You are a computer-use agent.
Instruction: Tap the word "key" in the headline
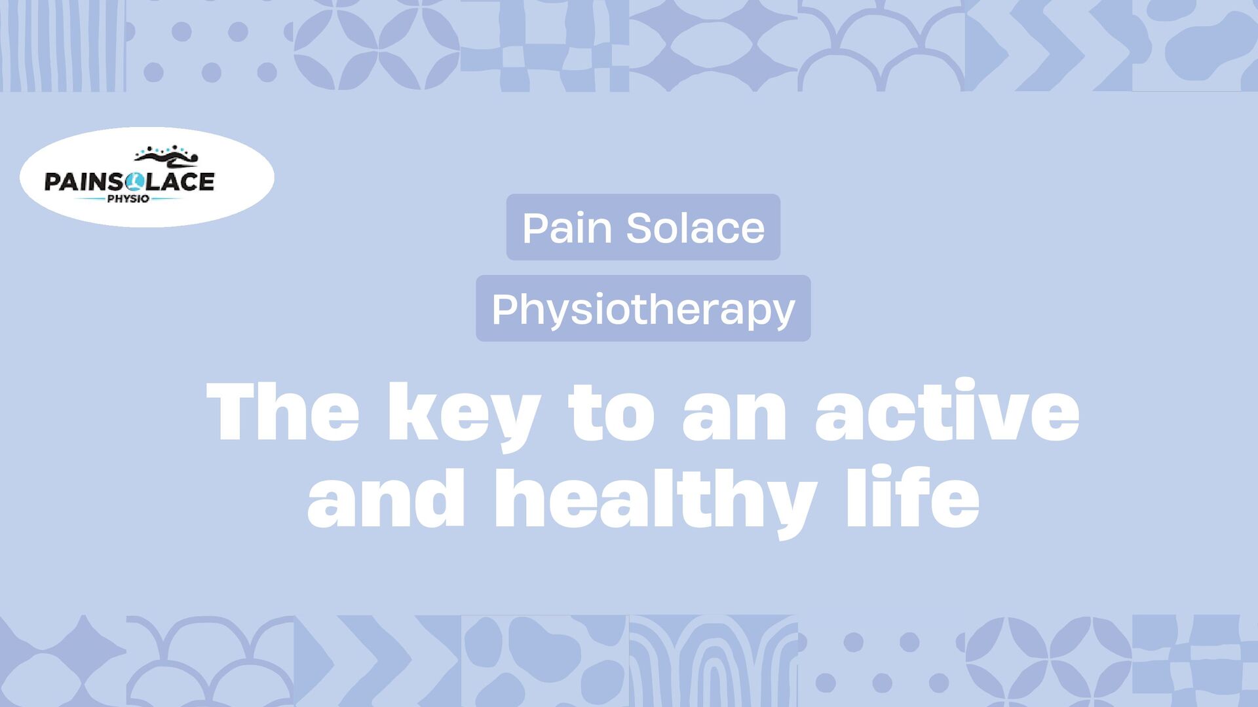[x=464, y=414]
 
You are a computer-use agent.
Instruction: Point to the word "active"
[x=947, y=412]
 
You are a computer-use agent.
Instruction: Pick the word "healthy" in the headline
[x=656, y=501]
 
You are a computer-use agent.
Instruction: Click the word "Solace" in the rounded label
[x=695, y=228]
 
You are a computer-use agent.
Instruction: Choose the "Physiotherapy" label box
[x=643, y=308]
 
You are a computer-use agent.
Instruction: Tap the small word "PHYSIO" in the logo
[x=128, y=199]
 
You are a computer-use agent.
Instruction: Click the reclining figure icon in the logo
[x=166, y=157]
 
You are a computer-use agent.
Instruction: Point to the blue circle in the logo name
[x=136, y=181]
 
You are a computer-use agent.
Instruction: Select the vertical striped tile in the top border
[x=62, y=46]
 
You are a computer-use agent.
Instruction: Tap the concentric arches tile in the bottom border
[x=713, y=661]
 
